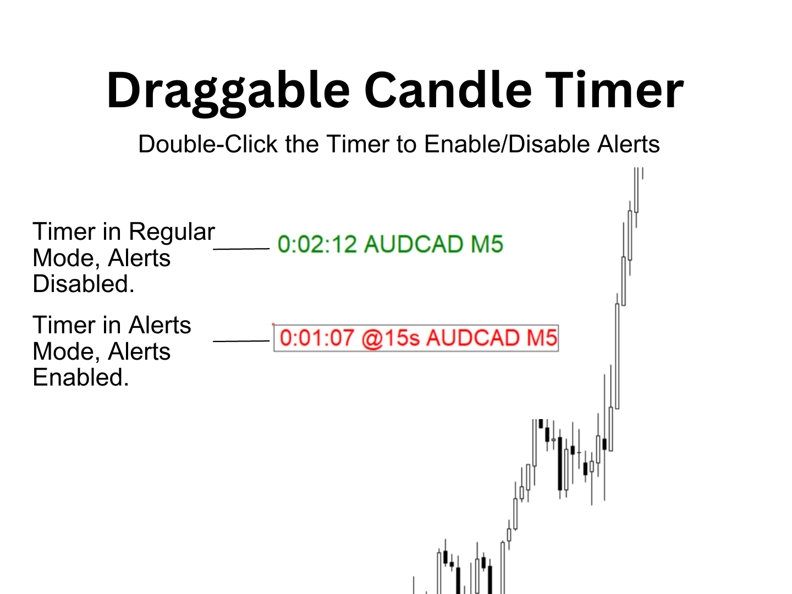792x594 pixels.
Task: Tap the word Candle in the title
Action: point(447,89)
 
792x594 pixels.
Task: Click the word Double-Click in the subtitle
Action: point(208,144)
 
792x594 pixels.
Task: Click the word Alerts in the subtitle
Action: point(629,144)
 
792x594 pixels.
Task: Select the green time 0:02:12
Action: point(317,244)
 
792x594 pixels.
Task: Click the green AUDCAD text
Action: point(414,244)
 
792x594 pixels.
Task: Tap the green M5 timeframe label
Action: point(487,244)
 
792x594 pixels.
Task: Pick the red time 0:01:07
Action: point(317,338)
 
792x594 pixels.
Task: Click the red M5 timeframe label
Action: point(542,338)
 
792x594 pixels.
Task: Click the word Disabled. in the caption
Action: point(84,284)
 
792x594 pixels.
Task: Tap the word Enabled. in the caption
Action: point(81,378)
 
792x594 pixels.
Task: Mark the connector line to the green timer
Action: point(241,249)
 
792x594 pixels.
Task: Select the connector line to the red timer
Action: point(241,341)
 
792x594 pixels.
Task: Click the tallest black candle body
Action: point(560,464)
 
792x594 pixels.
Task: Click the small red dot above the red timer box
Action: point(273,324)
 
